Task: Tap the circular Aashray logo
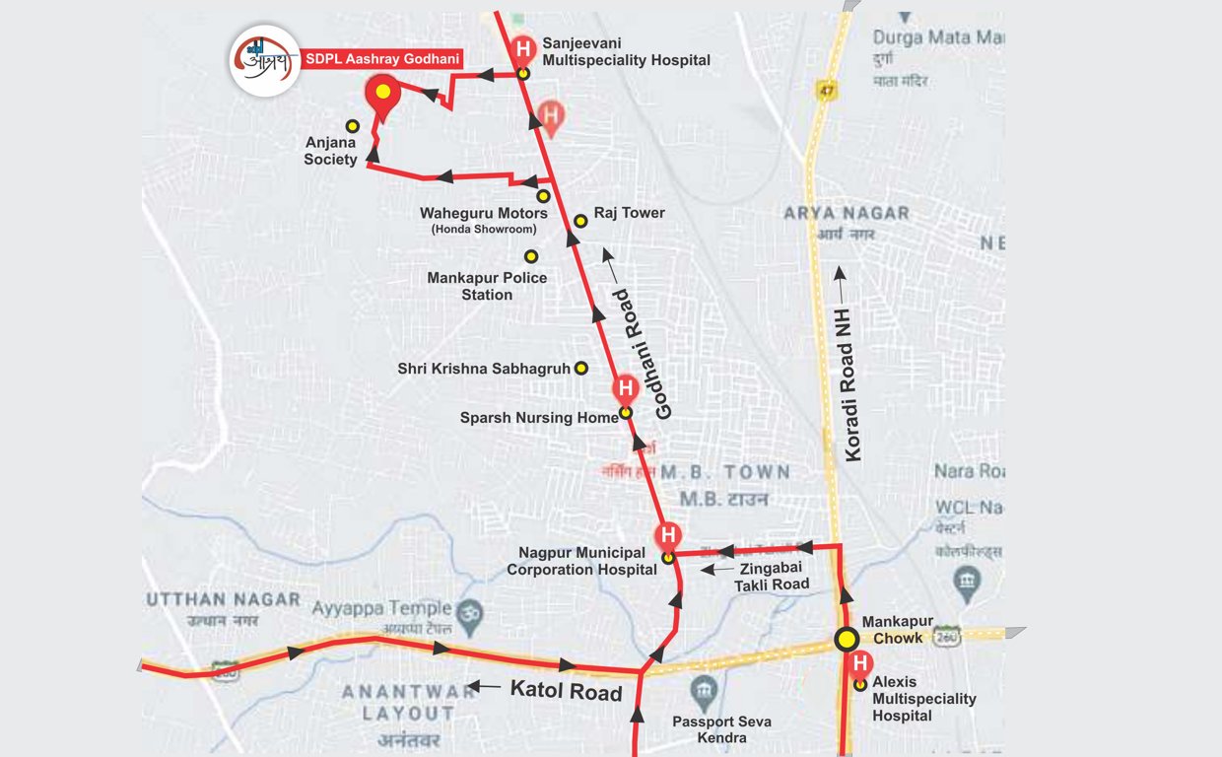click(x=265, y=60)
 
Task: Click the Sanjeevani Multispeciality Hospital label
click(x=626, y=52)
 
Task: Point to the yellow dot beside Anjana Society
click(x=352, y=126)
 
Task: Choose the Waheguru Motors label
click(x=483, y=213)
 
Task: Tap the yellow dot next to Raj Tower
click(x=581, y=221)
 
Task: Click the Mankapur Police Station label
click(x=487, y=286)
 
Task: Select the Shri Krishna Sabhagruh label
click(x=484, y=369)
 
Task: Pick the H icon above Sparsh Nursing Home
click(x=625, y=388)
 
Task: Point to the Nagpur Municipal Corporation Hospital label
click(x=581, y=561)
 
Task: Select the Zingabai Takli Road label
click(x=772, y=576)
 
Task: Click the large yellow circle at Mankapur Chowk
click(x=846, y=640)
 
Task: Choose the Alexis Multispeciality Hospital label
click(x=923, y=698)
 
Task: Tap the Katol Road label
click(x=566, y=691)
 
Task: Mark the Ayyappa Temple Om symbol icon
click(x=471, y=610)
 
